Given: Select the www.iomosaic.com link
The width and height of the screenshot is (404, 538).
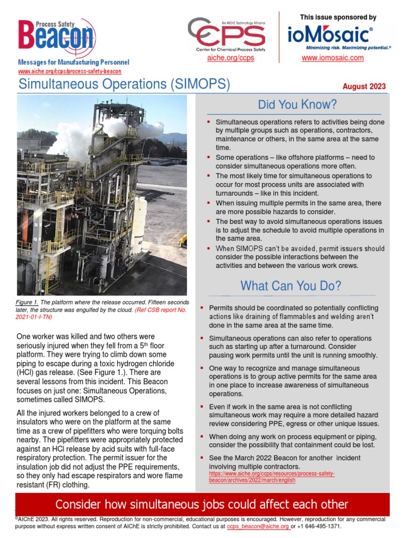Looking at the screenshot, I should point(332,58).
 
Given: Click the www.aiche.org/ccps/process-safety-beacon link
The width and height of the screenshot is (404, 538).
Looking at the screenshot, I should point(70,71).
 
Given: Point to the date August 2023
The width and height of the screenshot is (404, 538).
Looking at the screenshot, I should point(364,87).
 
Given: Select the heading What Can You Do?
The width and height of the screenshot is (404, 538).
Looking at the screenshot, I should point(290,286).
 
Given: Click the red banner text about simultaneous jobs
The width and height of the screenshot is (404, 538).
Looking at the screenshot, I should point(202,504).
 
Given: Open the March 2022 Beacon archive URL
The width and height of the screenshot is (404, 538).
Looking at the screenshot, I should point(271,477).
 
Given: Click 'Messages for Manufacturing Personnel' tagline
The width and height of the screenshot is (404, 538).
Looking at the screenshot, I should point(74,63).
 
